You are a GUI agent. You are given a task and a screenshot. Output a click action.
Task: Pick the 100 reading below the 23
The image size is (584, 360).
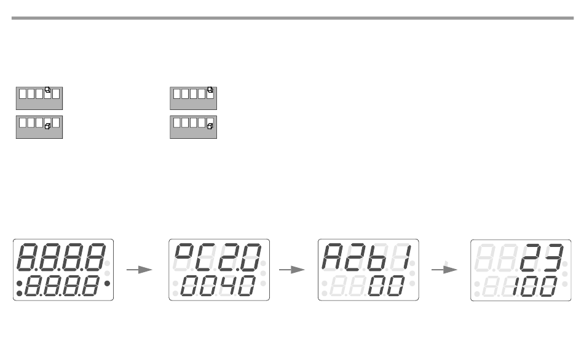point(532,284)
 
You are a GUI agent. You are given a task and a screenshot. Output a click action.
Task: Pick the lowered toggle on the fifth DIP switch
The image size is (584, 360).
point(210,126)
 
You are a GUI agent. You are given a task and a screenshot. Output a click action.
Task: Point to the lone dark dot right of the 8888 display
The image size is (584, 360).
point(109,284)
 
